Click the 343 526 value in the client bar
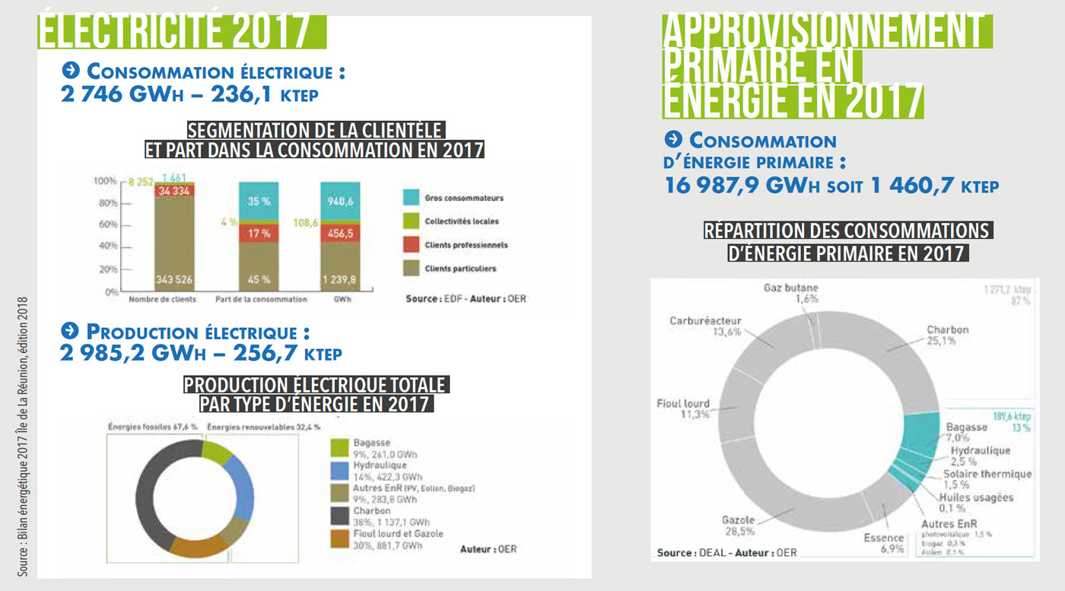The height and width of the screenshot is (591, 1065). point(174,279)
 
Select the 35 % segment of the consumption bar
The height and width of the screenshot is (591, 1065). point(259,202)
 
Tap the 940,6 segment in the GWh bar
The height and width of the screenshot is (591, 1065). point(341,202)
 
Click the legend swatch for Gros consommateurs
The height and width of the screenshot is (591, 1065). point(411,198)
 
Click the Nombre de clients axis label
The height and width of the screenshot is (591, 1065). point(162,299)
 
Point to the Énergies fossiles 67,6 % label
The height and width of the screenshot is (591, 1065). point(153,427)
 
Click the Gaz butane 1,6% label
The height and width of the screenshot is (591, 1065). point(790,294)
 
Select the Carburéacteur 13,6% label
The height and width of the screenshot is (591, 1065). point(705,326)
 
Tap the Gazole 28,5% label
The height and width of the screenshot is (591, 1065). point(738,526)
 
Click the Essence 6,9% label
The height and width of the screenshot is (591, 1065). point(883,543)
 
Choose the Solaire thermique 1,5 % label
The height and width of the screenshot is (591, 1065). point(987,478)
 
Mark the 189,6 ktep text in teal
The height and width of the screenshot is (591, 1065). point(1011,416)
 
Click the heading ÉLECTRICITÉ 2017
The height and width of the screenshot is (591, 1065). point(175,32)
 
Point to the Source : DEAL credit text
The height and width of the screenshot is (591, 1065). point(726,552)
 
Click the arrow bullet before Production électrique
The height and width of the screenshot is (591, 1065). point(71,331)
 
